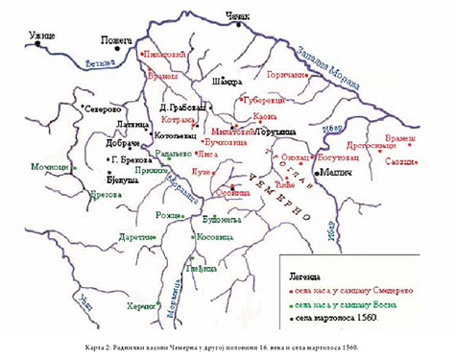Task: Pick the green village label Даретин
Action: tap(134, 235)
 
